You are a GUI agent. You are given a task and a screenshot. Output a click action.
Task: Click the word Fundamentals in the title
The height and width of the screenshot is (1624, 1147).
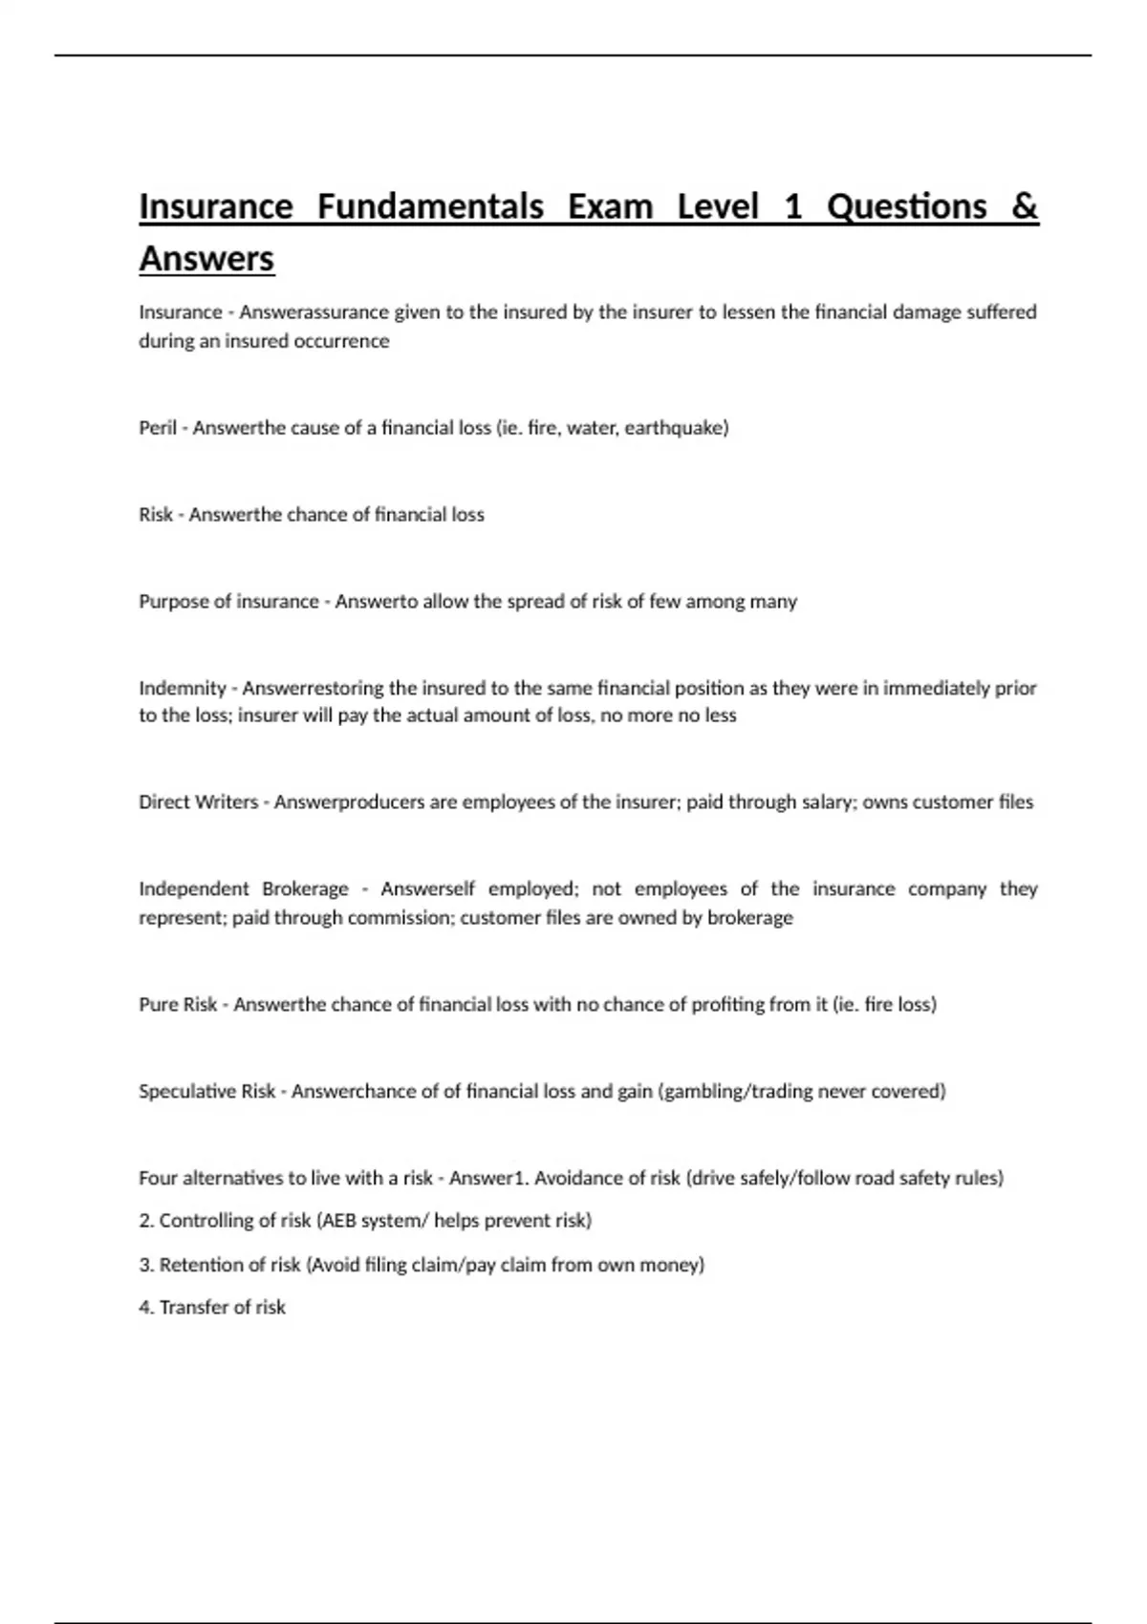[430, 206]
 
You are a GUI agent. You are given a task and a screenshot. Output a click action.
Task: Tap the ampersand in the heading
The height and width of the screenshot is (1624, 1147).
[1024, 206]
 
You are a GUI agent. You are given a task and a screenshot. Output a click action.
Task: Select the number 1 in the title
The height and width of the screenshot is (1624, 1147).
[792, 206]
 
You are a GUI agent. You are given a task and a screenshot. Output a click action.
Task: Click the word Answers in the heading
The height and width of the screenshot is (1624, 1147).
[206, 258]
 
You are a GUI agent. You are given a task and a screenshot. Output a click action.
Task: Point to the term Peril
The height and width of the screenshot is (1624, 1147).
[158, 428]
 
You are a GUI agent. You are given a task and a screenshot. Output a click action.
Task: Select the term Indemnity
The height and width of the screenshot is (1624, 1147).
[183, 688]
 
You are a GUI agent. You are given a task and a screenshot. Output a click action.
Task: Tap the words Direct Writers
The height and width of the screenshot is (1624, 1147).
[198, 802]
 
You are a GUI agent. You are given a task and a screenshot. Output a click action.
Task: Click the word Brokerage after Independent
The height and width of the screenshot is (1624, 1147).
[305, 889]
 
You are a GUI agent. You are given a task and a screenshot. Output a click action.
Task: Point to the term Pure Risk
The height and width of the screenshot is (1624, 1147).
[178, 1005]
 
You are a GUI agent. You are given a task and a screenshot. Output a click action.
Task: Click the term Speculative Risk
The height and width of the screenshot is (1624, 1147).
[206, 1091]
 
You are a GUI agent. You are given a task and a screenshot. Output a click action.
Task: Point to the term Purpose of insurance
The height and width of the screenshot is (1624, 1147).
[228, 602]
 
